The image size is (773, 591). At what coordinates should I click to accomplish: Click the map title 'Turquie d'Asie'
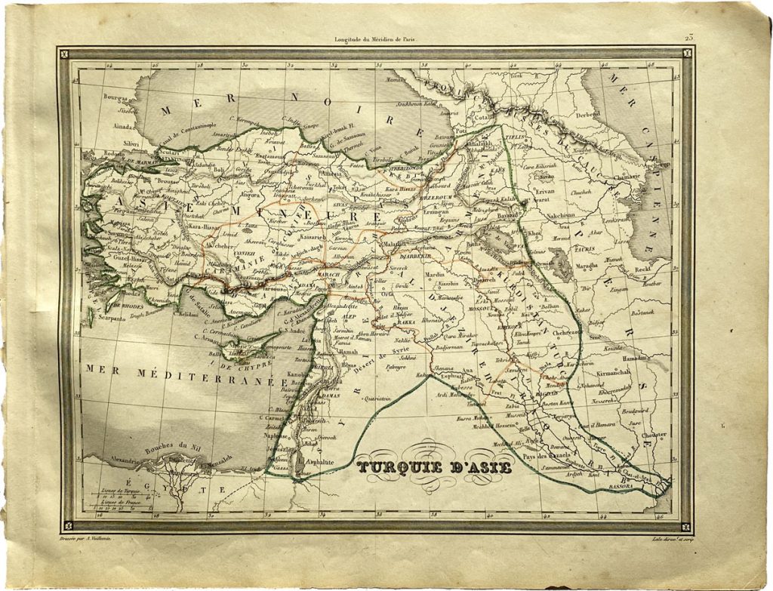pos(434,467)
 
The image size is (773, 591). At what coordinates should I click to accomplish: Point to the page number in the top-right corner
pos(688,37)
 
